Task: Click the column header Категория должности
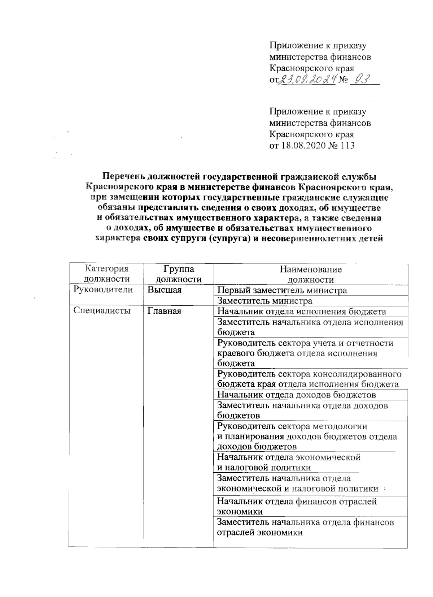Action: [106, 274]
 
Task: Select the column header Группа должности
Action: [178, 274]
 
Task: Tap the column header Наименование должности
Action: [310, 274]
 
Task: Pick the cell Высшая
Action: [164, 290]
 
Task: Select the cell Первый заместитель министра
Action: [282, 290]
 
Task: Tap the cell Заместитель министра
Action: [264, 301]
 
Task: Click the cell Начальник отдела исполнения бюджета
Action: [301, 312]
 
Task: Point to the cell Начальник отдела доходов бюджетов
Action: [296, 395]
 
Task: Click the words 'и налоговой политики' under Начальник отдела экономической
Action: [264, 468]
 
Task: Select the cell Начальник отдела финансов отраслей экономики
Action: [297, 506]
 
